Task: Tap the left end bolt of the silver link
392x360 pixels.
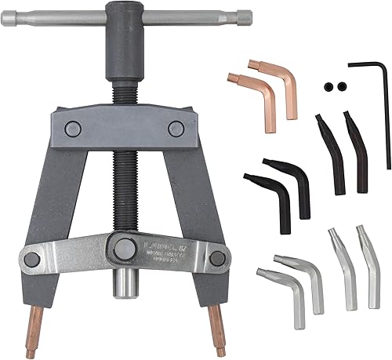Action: pyautogui.click(x=32, y=256)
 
